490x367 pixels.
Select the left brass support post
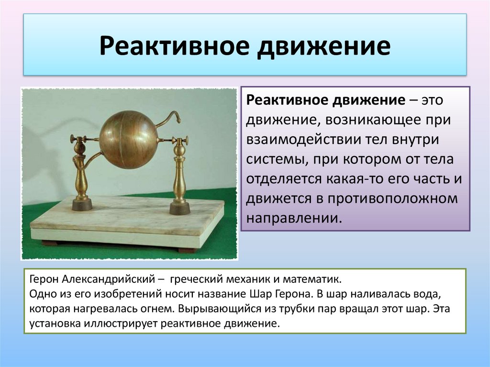81,172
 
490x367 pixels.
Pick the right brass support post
179,175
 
